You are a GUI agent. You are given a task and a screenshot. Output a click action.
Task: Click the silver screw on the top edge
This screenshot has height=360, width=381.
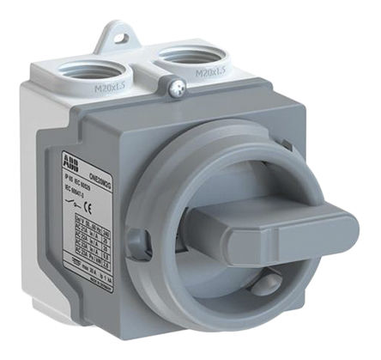pyautogui.click(x=177, y=87)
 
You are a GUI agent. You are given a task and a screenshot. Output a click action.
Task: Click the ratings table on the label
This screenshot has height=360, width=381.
pyautogui.click(x=101, y=243)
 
